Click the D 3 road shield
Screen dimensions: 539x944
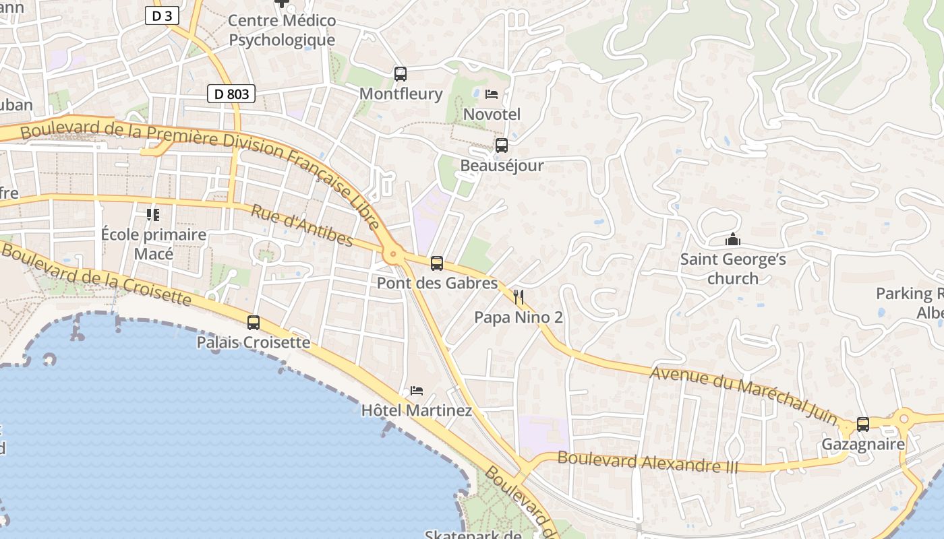(x=162, y=15)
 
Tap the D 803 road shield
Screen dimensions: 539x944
(x=231, y=94)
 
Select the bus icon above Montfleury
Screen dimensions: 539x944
(x=401, y=74)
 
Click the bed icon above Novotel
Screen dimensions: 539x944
(x=492, y=94)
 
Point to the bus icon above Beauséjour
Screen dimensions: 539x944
(x=501, y=145)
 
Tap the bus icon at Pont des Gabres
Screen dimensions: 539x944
(x=437, y=263)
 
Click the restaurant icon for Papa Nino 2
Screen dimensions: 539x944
(x=518, y=297)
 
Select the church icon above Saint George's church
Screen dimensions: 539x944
(x=732, y=239)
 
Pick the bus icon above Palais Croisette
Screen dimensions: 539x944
(x=254, y=323)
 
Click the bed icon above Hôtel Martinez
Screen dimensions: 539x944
(x=417, y=391)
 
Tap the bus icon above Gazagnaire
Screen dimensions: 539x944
(x=863, y=424)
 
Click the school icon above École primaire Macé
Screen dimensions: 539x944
(x=153, y=215)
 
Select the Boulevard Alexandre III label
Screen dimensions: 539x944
(x=647, y=462)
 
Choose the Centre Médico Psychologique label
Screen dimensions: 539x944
(x=282, y=30)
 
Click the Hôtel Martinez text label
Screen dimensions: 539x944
(x=416, y=410)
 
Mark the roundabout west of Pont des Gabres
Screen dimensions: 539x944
(x=392, y=255)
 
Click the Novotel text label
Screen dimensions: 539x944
(x=492, y=115)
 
